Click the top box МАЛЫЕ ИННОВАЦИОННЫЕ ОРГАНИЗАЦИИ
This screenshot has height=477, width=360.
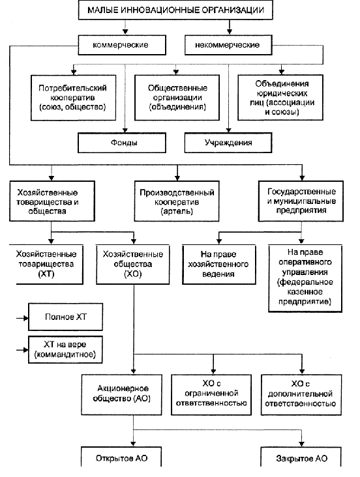175,10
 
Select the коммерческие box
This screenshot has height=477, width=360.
122,45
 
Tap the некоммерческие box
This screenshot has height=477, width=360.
228,45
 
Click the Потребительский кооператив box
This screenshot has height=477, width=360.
73,98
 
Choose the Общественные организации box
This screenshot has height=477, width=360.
177,98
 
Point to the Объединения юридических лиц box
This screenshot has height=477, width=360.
280,98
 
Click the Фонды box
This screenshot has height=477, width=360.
122,143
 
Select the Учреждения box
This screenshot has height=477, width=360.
228,143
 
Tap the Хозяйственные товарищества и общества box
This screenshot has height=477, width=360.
52,201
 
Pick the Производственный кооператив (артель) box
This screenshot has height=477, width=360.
177,201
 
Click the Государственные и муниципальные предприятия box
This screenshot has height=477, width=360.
301,201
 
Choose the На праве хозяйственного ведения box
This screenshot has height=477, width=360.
219,265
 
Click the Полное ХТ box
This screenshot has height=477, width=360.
65,317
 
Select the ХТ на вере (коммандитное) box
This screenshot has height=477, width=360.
65,349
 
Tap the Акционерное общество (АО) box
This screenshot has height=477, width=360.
121,394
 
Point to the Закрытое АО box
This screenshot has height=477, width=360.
301,457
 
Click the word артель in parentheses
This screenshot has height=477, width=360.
177,211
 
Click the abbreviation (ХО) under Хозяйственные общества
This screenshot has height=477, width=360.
133,274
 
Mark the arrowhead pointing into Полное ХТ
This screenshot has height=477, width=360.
26,318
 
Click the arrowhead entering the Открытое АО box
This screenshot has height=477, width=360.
133,444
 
